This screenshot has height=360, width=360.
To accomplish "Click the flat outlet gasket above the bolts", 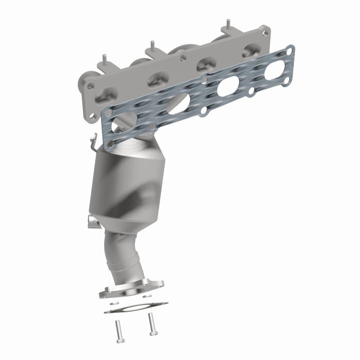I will pyautogui.click(x=135, y=307).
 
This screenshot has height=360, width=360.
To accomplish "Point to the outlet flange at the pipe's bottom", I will pyautogui.click(x=131, y=288).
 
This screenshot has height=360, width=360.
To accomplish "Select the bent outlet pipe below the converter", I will pyautogui.click(x=122, y=255).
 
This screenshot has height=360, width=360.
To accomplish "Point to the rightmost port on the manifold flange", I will pyautogui.click(x=250, y=50).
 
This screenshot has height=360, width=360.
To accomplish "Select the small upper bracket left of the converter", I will pyautogui.click(x=93, y=143).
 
